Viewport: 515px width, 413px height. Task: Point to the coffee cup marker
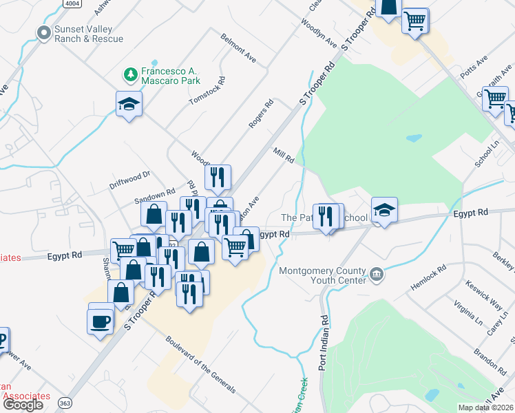[101, 320]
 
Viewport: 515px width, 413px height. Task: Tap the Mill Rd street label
[284, 155]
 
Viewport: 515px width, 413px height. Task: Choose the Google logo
[23, 405]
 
